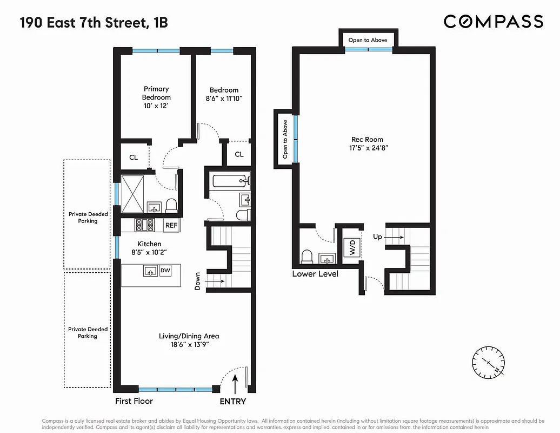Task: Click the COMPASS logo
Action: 493,22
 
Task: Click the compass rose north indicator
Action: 488,362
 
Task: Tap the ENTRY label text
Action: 233,401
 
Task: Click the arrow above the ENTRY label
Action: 235,385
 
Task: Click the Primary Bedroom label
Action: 156,93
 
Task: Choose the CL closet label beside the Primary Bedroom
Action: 133,158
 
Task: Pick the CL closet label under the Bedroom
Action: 239,154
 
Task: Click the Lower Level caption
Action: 315,274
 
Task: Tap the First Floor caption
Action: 134,401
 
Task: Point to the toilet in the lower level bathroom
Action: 308,256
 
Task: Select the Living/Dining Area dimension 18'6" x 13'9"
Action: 189,345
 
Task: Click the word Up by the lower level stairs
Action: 378,237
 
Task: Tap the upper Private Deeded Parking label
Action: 88,217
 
